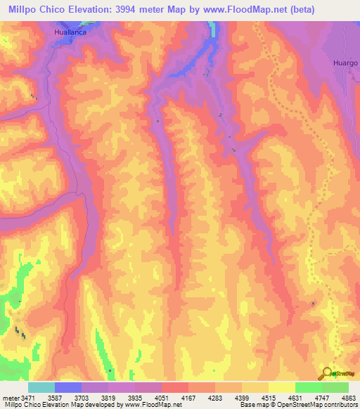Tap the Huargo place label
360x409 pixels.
(345, 63)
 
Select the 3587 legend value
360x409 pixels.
(68, 398)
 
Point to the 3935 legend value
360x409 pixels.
(149, 398)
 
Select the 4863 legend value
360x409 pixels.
(349, 398)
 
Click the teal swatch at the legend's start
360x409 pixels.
(41, 387)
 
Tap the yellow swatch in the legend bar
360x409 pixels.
(282, 387)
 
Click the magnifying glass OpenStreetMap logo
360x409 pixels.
(328, 373)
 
